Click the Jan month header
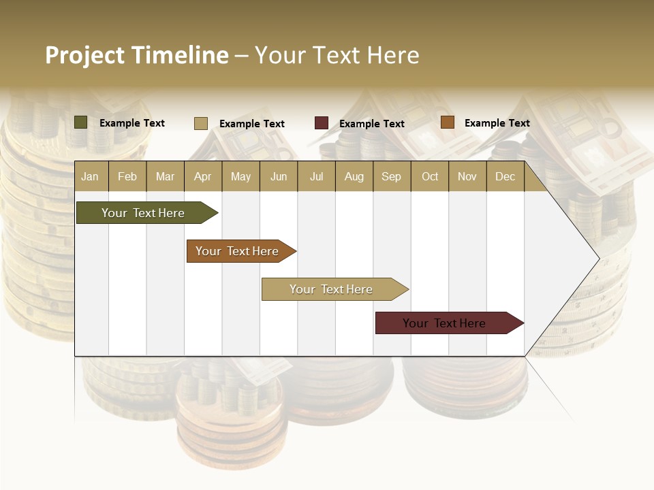pos(90,176)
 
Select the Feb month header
pos(127,176)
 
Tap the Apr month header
pos(202,176)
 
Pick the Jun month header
pos(279,176)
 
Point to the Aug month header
pos(354,176)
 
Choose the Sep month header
pos(391,176)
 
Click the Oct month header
pos(430,176)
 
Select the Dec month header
pos(505,176)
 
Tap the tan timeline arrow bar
pos(332,289)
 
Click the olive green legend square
pos(81,122)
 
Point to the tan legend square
pos(201,123)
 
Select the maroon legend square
pos(322,123)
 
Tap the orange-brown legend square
pos(448,122)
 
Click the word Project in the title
pos(85,55)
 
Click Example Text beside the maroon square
pos(372,124)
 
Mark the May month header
pos(240,176)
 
